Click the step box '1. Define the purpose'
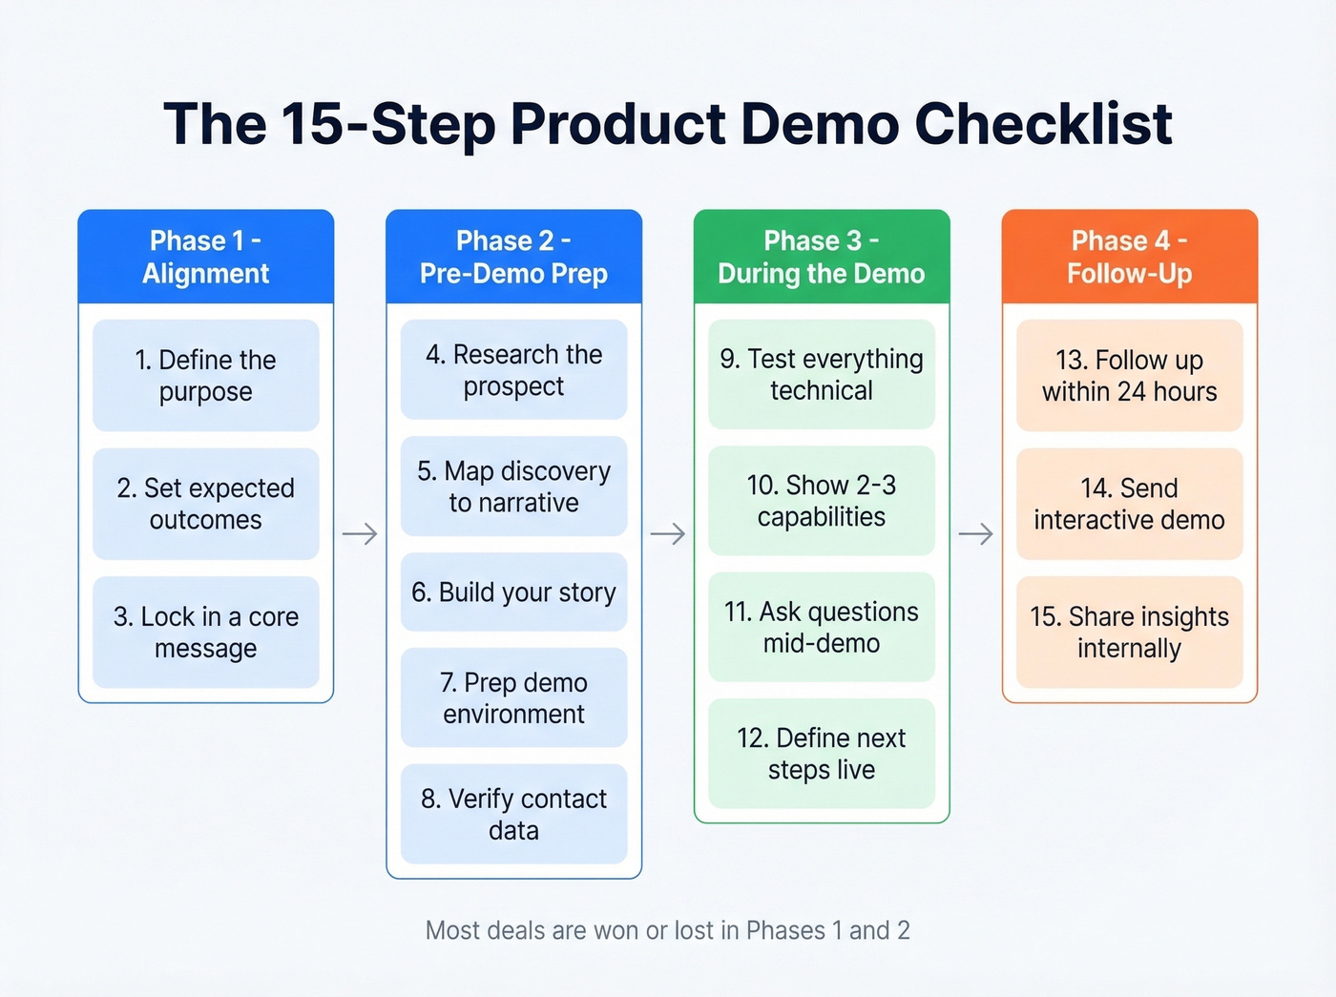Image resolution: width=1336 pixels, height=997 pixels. pyautogui.click(x=205, y=375)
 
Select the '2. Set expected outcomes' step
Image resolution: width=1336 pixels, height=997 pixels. pyautogui.click(x=205, y=504)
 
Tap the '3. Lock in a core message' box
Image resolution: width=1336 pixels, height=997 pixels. pyautogui.click(x=205, y=632)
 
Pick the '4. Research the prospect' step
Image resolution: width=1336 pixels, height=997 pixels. pyautogui.click(x=513, y=370)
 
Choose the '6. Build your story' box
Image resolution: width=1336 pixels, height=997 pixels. pyautogui.click(x=513, y=592)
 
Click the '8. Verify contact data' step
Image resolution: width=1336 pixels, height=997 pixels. pyautogui.click(x=513, y=814)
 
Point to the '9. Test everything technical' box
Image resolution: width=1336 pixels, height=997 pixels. pyautogui.click(x=821, y=374)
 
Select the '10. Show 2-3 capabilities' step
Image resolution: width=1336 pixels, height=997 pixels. pyautogui.click(x=821, y=501)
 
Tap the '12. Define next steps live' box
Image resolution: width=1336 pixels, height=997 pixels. pyautogui.click(x=821, y=754)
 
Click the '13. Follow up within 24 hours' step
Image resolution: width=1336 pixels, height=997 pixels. pyautogui.click(x=1129, y=375)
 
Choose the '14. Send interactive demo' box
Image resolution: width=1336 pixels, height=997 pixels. pyautogui.click(x=1129, y=504)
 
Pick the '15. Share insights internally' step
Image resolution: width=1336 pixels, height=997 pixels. pyautogui.click(x=1129, y=632)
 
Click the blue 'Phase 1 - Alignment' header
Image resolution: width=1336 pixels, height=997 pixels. pyautogui.click(x=205, y=257)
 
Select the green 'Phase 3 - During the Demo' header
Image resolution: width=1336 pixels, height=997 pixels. pyautogui.click(x=821, y=257)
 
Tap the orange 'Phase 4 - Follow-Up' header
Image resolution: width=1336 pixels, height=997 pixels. pyautogui.click(x=1129, y=257)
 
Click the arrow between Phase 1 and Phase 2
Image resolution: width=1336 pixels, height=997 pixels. pyautogui.click(x=360, y=533)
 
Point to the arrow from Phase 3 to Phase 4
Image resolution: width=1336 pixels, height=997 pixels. pyautogui.click(x=975, y=533)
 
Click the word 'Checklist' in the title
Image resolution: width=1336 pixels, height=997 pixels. pyautogui.click(x=1043, y=124)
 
